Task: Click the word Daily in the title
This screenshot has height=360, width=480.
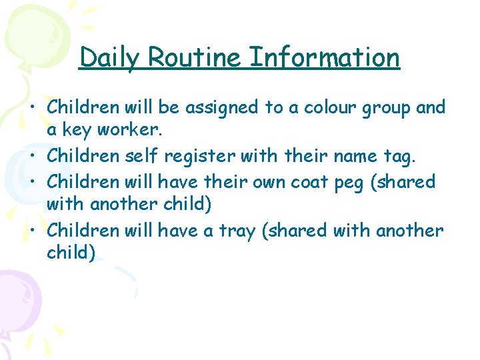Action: (109, 58)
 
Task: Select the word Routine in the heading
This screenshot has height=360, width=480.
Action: (195, 58)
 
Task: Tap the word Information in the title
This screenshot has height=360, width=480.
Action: (325, 58)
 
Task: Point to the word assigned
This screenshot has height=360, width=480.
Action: (217, 108)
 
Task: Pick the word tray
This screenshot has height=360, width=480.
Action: (236, 231)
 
